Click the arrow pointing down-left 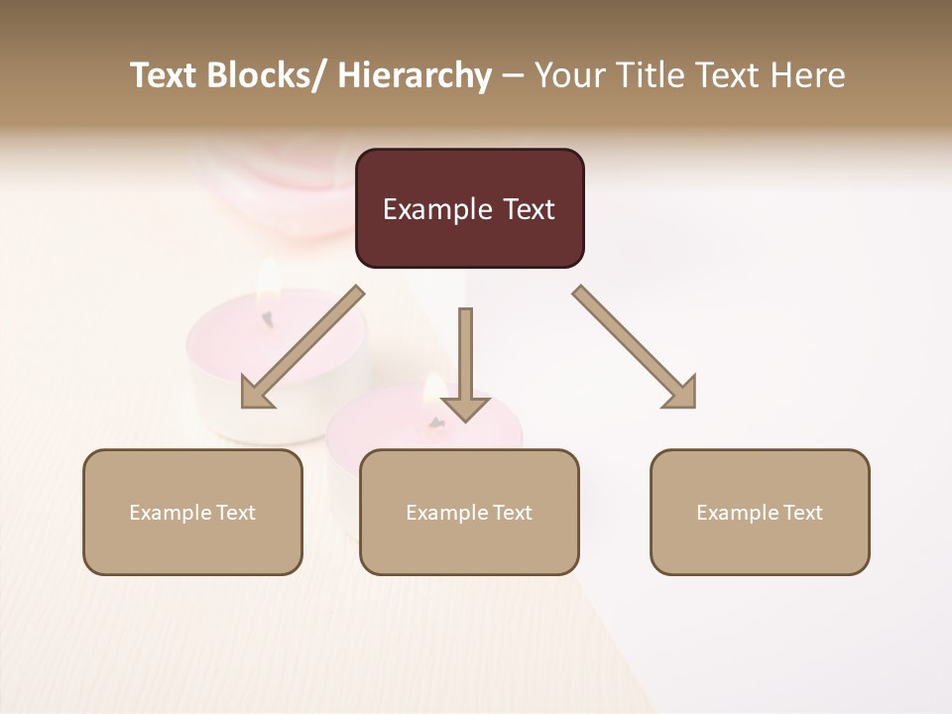click(301, 347)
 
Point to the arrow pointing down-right click(635, 347)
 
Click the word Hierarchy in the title click(415, 76)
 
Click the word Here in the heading click(808, 76)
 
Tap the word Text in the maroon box click(527, 210)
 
